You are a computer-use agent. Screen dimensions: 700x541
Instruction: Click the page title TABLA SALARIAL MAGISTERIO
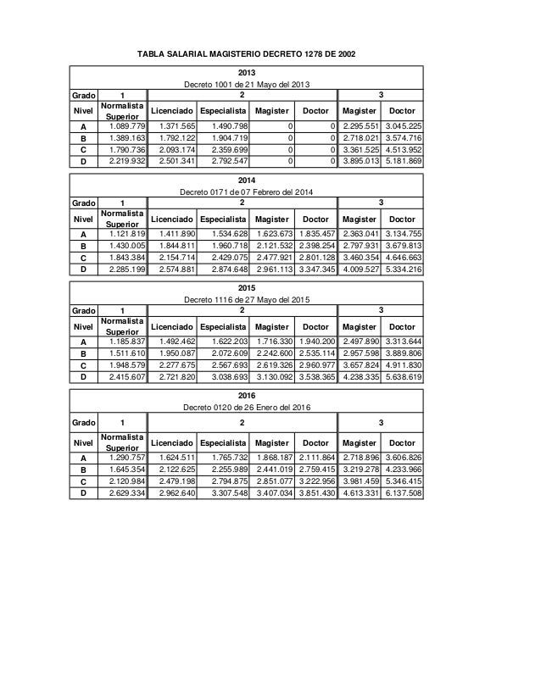[x=246, y=54]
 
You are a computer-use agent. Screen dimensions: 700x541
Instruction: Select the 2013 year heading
[x=247, y=73]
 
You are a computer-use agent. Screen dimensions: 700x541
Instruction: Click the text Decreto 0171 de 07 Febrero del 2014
[x=247, y=192]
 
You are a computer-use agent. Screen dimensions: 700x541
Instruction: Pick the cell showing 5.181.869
[x=403, y=162]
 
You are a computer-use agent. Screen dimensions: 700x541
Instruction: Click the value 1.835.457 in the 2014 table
[x=316, y=233]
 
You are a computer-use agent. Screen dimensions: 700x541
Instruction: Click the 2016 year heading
[x=247, y=395]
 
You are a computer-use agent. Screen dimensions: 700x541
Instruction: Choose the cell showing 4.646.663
[x=403, y=257]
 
